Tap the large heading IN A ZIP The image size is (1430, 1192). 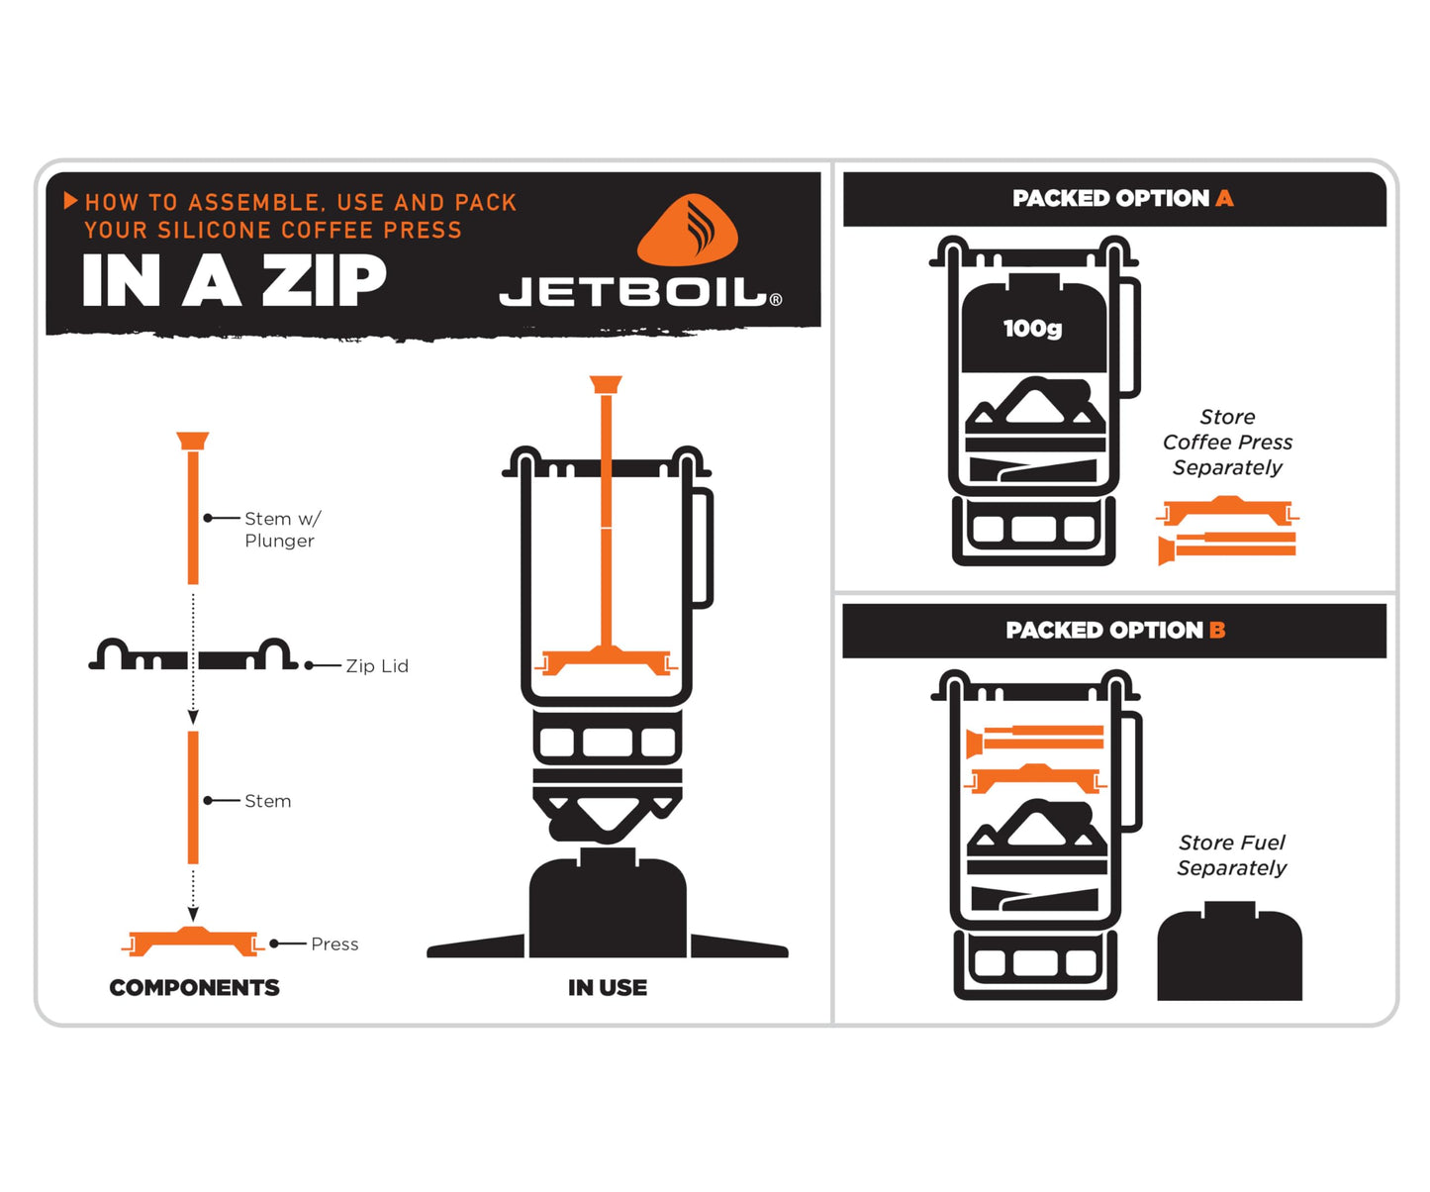coord(234,281)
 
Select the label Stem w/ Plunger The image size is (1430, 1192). coord(281,530)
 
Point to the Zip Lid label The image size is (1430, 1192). coord(376,666)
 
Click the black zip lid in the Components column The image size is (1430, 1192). coord(193,656)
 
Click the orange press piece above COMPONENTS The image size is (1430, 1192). coord(193,942)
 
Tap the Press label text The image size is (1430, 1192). coord(334,944)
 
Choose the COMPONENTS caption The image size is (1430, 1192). coord(194,987)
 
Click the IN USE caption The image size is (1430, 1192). coord(608,987)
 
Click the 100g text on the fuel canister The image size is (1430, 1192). coord(1032,328)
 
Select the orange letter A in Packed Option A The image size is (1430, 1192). coord(1224,198)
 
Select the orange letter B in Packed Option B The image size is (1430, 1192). coord(1217,630)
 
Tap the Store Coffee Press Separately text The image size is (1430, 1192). coord(1227,443)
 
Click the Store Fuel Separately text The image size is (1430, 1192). coord(1231,855)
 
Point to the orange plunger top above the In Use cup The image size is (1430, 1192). coord(606,384)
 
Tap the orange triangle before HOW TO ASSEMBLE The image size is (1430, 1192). coord(70,201)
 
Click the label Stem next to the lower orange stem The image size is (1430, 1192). coord(267,801)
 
